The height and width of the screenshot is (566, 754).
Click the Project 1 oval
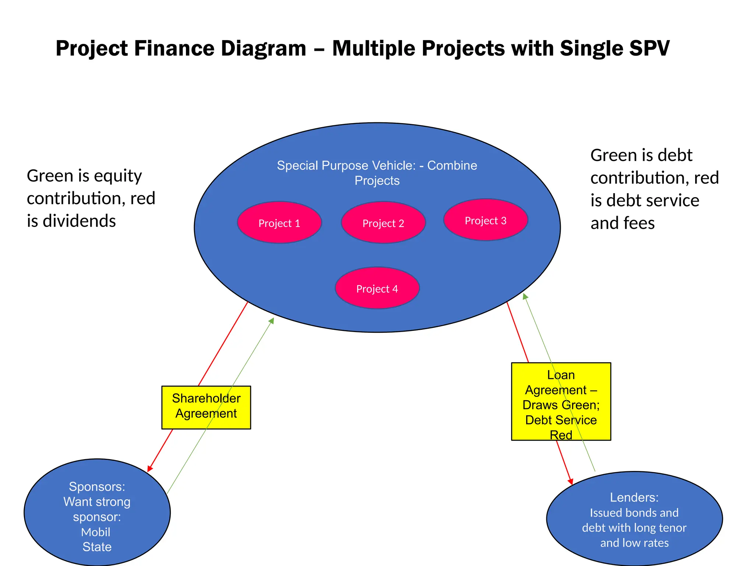point(279,222)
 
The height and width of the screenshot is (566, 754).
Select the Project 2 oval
point(383,222)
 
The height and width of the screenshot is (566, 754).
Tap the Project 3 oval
point(486,220)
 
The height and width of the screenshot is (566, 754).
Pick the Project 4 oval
point(377,288)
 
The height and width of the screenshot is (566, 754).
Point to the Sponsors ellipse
point(97,512)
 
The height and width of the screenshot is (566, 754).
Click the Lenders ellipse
point(634,518)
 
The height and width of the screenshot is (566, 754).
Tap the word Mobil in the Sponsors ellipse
point(96,532)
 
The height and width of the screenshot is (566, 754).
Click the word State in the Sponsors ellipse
point(97,547)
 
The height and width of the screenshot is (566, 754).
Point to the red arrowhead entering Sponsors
point(149,468)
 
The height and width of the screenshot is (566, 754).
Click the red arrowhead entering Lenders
point(571,481)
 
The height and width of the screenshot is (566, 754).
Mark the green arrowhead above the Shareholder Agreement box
point(272,321)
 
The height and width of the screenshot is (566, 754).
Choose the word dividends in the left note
point(79,221)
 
